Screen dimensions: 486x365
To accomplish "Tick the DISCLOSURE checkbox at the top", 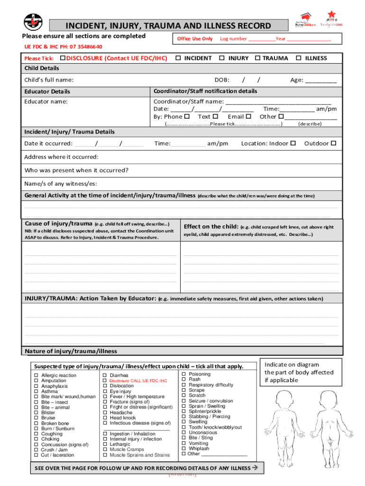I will (63, 58).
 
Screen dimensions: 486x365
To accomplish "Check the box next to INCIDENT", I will (178, 58).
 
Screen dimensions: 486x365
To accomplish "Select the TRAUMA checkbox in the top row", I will (257, 58).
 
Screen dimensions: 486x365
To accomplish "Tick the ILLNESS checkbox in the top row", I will (299, 58).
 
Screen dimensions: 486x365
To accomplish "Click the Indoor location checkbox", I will (293, 143).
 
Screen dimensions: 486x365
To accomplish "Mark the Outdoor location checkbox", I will (333, 143).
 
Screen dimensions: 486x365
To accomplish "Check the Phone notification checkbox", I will (187, 116).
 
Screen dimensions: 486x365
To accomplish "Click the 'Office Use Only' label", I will (195, 38).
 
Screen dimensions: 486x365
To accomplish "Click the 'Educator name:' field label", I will (46, 102).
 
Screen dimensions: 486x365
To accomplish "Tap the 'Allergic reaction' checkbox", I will (36, 375).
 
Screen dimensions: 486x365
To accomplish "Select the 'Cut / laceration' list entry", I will (57, 455).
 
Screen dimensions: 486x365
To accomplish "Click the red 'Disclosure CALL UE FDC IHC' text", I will (138, 381).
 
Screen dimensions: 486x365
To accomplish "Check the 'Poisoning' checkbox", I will (184, 374).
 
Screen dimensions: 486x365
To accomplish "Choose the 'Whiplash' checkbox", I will (184, 449).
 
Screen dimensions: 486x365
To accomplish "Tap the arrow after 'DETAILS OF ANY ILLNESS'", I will (255, 468).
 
